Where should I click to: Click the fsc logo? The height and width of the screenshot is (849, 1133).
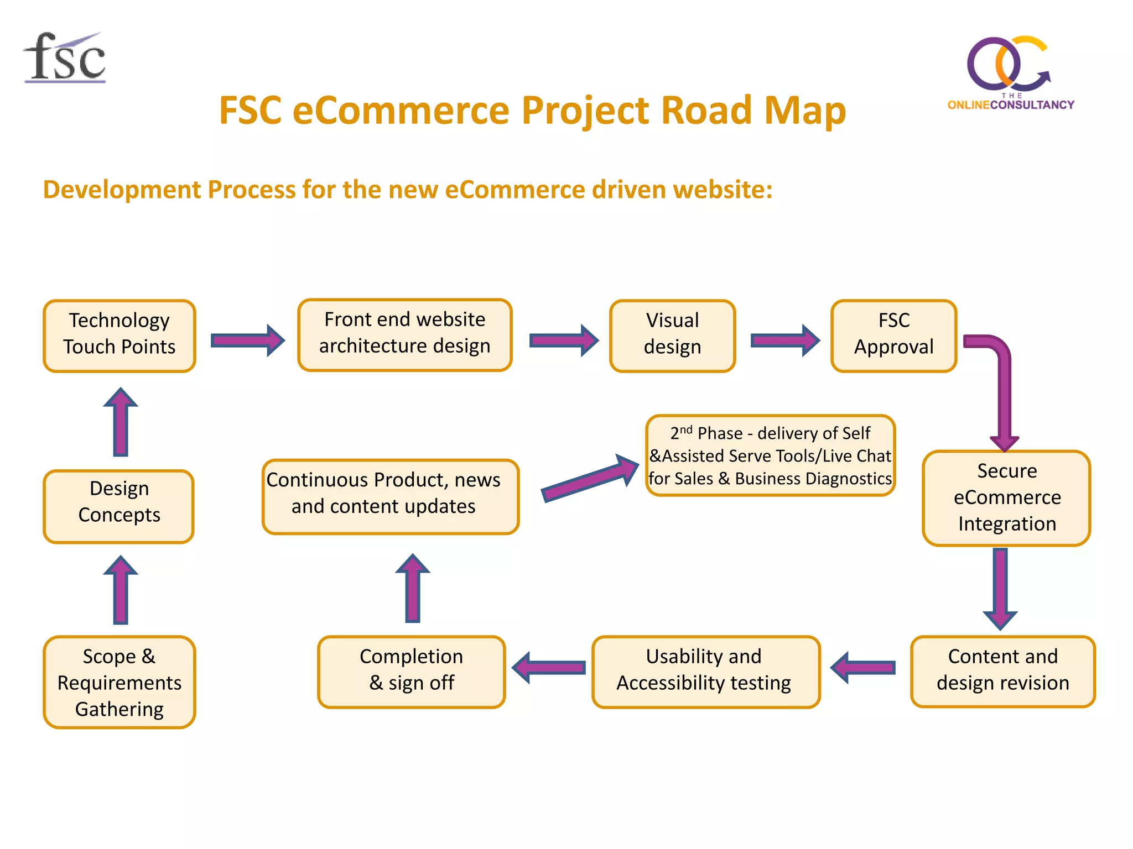65,58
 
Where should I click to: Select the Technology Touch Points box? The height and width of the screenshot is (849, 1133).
119,336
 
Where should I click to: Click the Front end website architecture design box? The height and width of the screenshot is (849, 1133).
404,334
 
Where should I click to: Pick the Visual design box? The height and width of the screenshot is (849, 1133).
672,336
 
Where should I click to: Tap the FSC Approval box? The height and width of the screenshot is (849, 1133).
893,336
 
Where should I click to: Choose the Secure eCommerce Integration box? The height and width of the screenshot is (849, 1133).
1006,497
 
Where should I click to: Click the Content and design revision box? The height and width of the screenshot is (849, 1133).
1002,670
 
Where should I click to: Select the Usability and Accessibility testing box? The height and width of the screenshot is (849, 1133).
705,670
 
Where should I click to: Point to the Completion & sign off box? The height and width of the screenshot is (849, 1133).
411,670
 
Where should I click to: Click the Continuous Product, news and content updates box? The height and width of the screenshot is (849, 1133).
390,496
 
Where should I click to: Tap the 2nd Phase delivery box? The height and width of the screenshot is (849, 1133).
770,455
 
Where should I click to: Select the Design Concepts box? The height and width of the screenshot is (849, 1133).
119,505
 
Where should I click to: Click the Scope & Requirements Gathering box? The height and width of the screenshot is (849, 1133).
119,682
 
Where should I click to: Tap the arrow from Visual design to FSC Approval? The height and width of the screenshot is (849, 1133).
784,340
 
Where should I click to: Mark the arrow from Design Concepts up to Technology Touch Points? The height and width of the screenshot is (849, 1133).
121,422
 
